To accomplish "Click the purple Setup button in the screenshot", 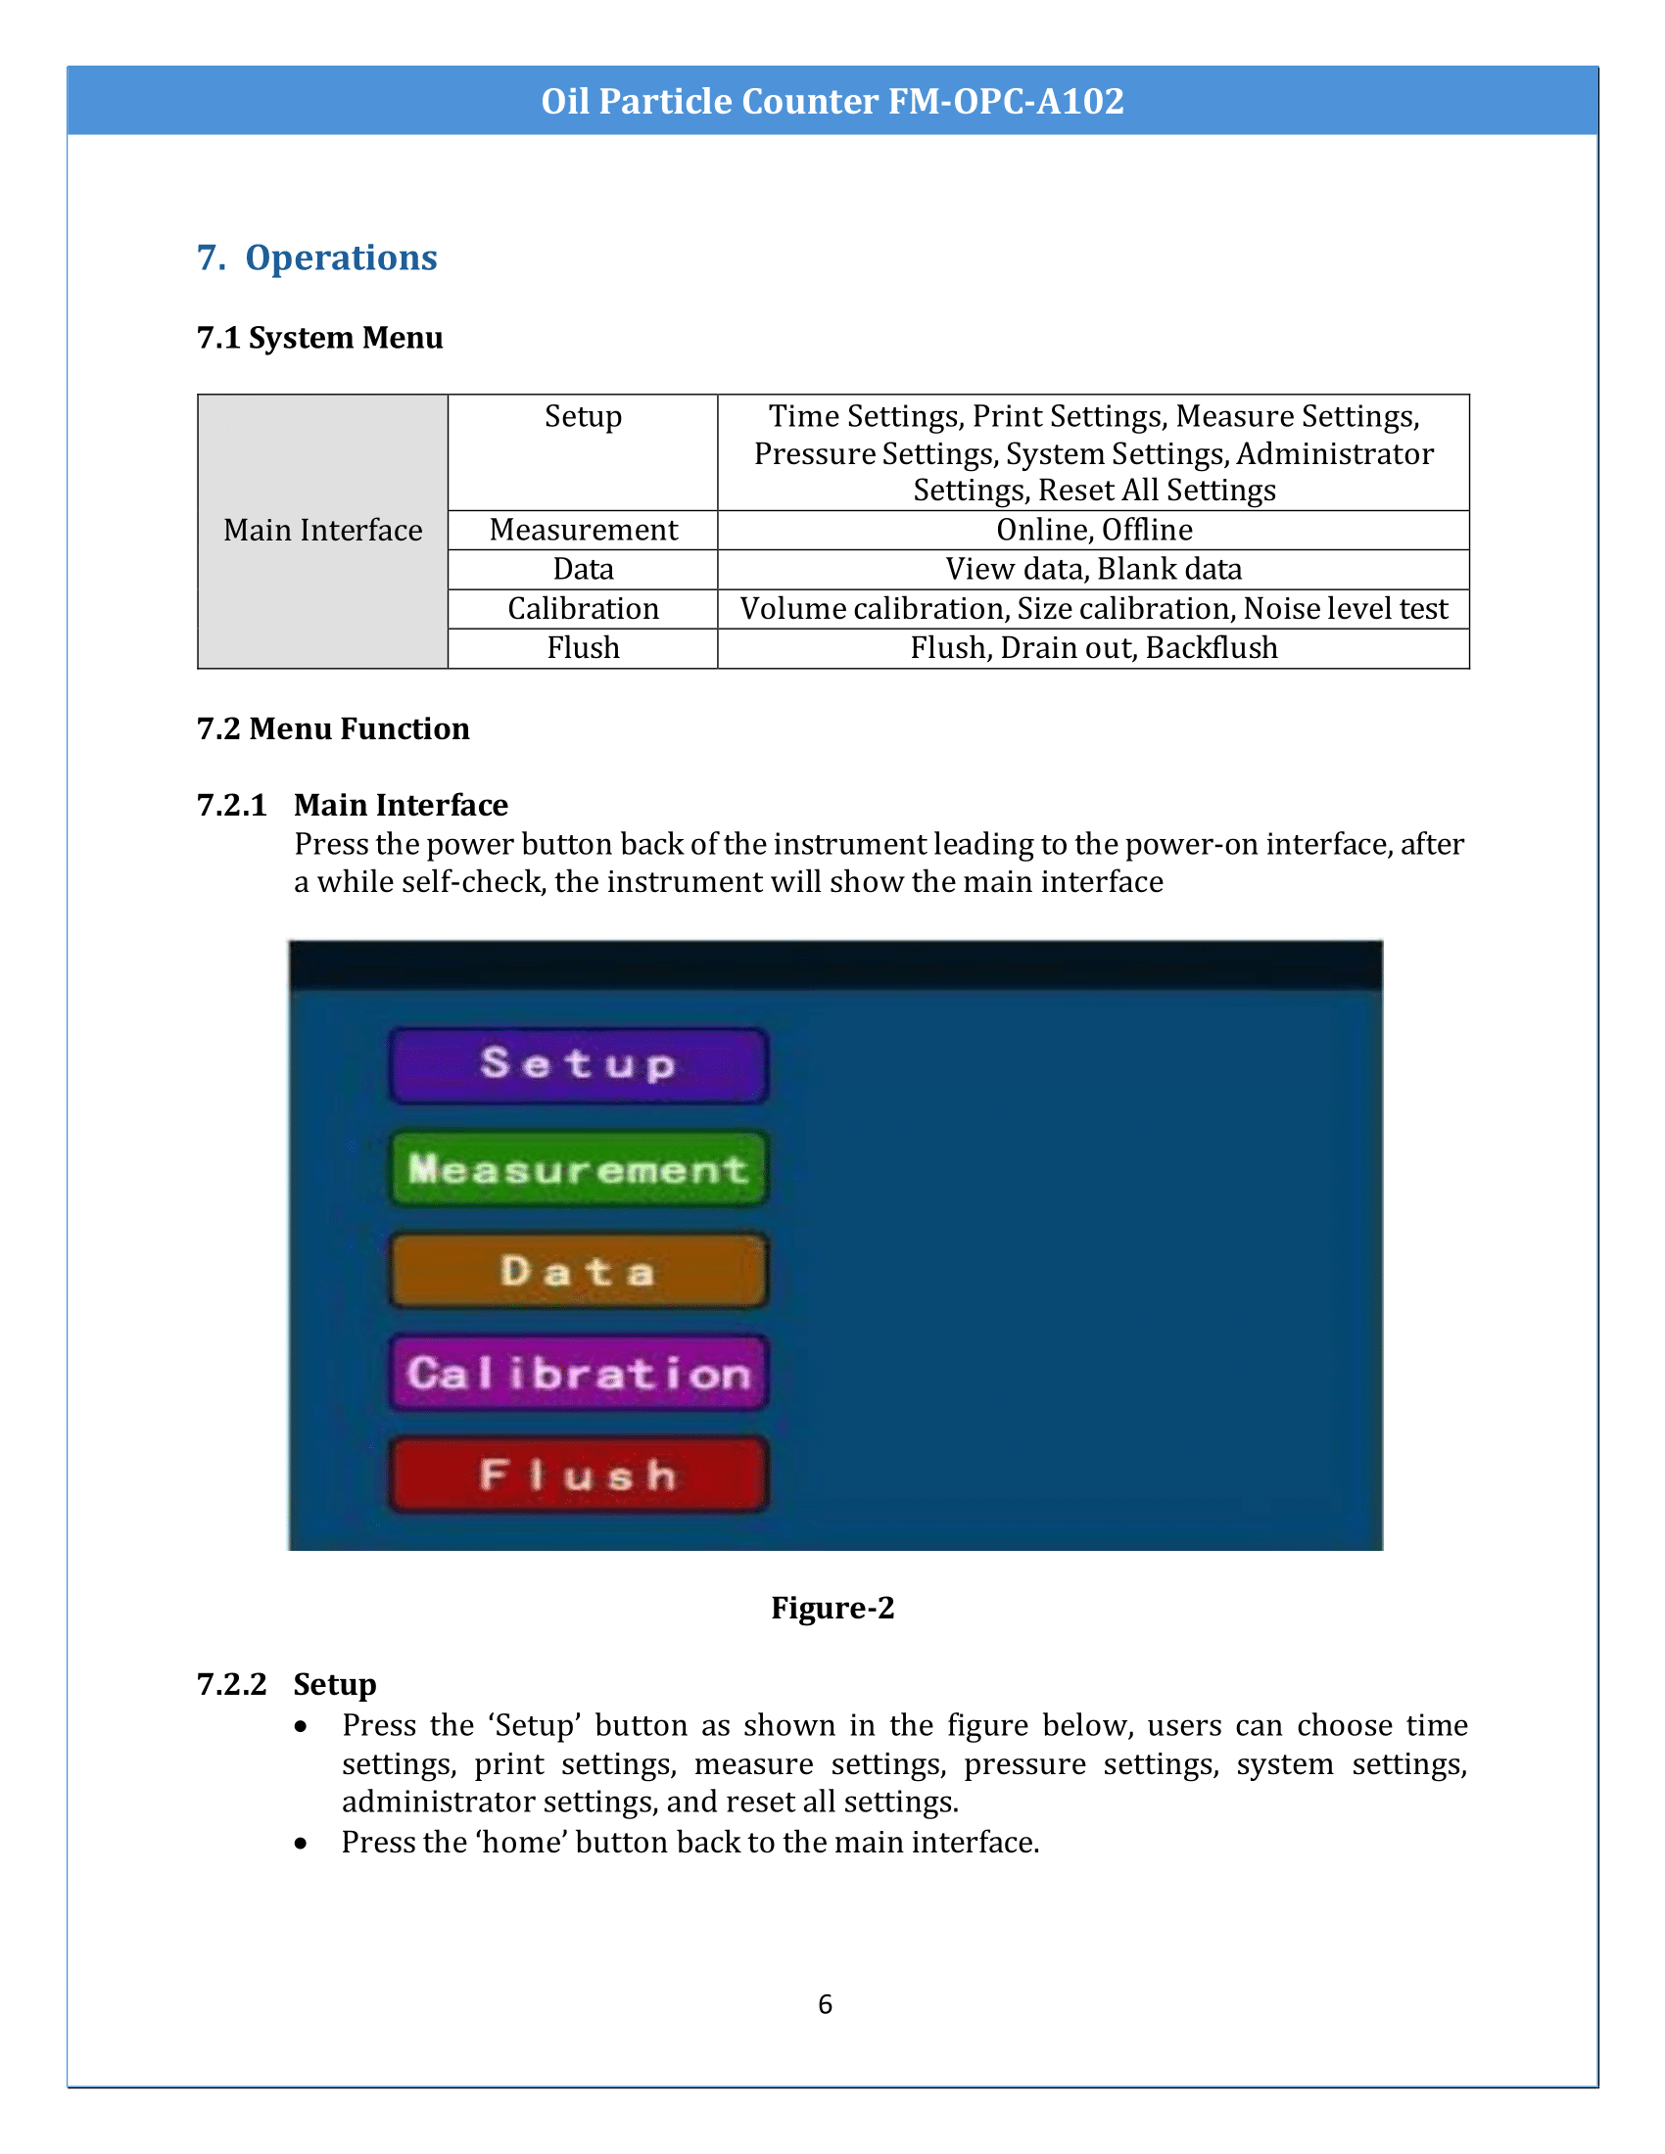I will [x=578, y=1064].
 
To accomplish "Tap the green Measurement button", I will [x=578, y=1169].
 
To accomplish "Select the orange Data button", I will [x=578, y=1270].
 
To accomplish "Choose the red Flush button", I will [x=578, y=1475].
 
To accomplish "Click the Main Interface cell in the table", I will [x=322, y=531].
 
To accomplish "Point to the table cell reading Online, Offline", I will [x=1093, y=531].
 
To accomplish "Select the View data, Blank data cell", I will [x=1093, y=569].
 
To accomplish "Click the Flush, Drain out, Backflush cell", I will [x=1093, y=648].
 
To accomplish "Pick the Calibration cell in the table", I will [x=583, y=609].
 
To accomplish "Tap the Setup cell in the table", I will [x=583, y=416].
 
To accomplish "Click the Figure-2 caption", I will [x=832, y=1608].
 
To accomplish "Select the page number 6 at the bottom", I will [x=826, y=2004].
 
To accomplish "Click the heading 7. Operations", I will [x=316, y=258].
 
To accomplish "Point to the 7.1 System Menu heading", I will [x=319, y=338].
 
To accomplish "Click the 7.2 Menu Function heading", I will [x=332, y=728].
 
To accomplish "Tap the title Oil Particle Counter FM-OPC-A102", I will [x=832, y=101].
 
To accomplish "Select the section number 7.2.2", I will [x=232, y=1685].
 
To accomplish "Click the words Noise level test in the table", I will [x=1346, y=609].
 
